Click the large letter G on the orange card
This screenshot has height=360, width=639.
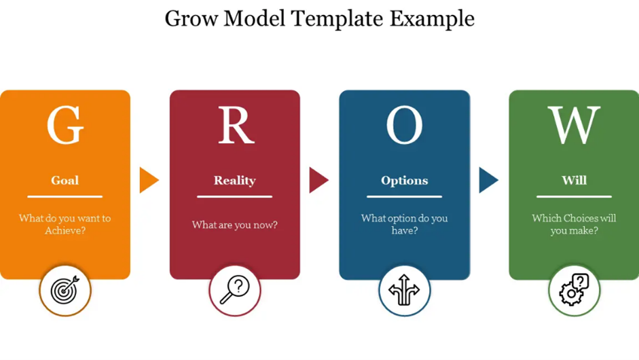65,125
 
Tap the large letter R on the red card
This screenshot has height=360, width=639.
236,125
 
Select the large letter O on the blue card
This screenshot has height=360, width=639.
404,125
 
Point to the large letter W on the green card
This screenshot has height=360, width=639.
574,125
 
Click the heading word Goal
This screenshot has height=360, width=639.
65,180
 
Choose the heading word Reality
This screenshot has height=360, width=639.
235,181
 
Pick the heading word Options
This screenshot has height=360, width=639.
404,181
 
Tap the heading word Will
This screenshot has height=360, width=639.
574,180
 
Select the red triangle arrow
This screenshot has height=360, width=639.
318,180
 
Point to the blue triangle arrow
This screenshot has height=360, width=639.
488,180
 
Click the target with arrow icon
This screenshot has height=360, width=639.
65,290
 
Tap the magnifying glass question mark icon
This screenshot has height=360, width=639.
235,290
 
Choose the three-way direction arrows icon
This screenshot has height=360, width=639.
404,290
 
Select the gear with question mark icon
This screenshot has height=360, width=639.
574,290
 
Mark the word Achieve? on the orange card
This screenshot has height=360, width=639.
65,231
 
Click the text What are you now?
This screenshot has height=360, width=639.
235,225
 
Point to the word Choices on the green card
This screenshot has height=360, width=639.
574,218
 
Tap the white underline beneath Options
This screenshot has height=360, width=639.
404,196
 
